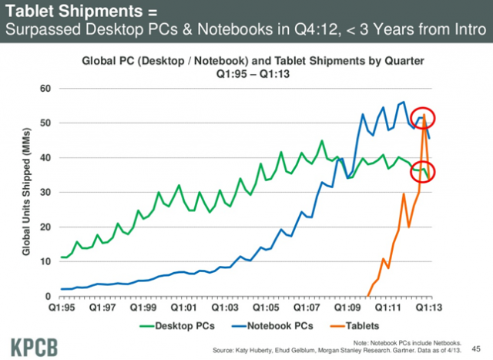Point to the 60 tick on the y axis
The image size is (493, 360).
click(x=45, y=89)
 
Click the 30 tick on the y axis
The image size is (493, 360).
click(x=45, y=193)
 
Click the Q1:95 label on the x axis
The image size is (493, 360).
click(x=61, y=306)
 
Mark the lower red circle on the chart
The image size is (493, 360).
click(x=423, y=171)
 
